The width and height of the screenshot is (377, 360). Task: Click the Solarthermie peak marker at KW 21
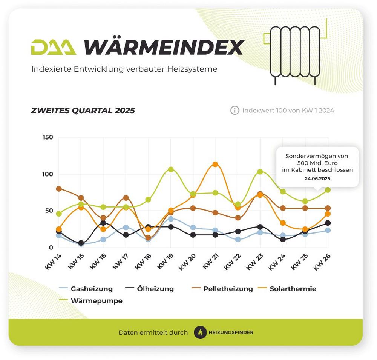[215, 165]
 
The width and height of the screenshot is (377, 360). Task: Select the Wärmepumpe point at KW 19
[171, 169]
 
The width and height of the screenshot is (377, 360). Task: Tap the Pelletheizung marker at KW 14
[59, 189]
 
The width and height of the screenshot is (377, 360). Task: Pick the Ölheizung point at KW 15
[81, 243]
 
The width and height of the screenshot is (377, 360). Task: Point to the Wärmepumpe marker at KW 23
[260, 172]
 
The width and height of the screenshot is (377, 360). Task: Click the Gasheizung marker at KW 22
[238, 239]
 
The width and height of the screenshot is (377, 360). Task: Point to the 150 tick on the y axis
[48, 137]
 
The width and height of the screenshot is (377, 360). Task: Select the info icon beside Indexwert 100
[234, 111]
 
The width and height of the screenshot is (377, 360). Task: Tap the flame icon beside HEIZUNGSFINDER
[201, 332]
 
